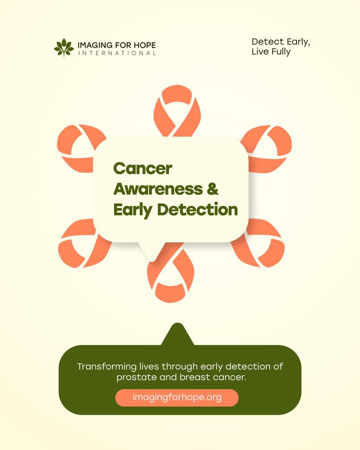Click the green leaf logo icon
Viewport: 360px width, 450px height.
click(63, 47)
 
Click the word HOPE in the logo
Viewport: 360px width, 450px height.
click(145, 45)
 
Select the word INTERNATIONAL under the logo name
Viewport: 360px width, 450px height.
click(117, 53)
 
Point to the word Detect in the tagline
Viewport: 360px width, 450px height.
click(267, 42)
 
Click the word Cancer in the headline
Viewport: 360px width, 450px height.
click(143, 169)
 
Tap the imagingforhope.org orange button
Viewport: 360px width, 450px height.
click(177, 397)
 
